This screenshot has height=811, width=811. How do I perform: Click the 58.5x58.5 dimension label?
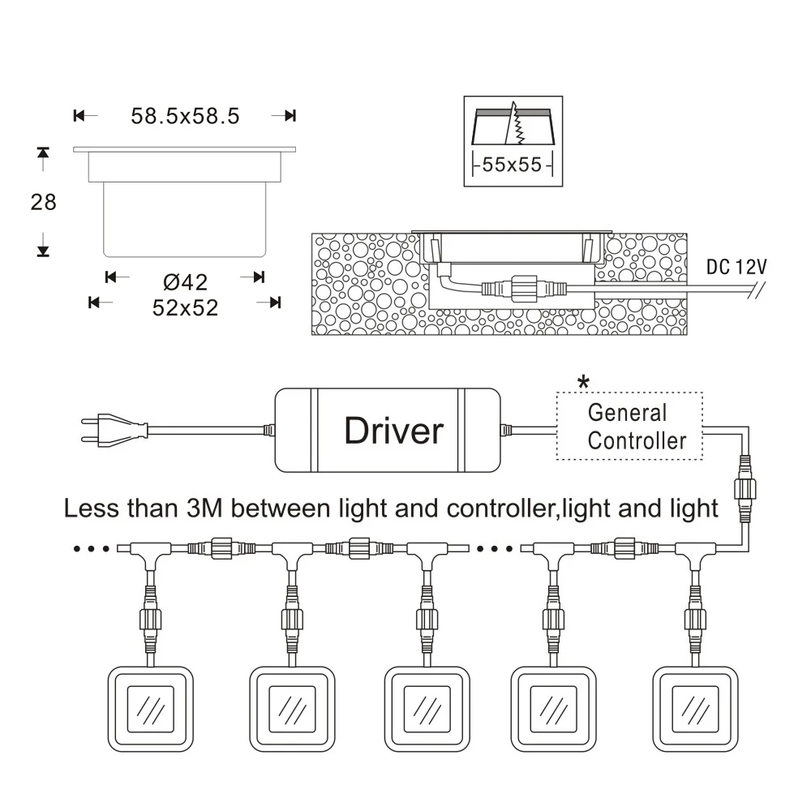coord(185,116)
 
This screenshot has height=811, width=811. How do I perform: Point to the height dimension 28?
coord(44,202)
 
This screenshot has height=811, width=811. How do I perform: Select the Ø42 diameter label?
coord(185,282)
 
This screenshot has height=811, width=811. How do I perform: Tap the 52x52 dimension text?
coord(185,307)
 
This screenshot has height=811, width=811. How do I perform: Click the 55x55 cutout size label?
coord(512,165)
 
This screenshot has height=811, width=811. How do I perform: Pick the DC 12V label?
coord(736,267)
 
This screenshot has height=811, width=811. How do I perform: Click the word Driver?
coord(394,431)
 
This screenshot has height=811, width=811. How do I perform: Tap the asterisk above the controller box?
coord(583,382)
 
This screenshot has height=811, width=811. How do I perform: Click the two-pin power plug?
coord(114,429)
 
